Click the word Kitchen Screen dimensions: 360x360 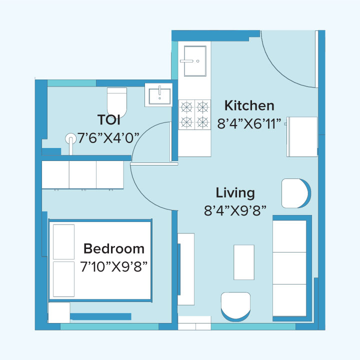(x=249, y=105)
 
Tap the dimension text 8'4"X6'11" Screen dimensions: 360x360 (x=249, y=123)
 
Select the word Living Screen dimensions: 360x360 (x=235, y=192)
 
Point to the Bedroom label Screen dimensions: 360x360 (x=113, y=248)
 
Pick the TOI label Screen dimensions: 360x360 (x=108, y=120)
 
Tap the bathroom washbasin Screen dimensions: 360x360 (x=159, y=94)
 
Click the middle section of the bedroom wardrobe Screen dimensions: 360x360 (x=82, y=174)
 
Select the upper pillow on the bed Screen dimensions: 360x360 (x=63, y=241)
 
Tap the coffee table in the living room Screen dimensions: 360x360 (x=245, y=262)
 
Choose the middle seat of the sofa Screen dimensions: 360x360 (x=289, y=268)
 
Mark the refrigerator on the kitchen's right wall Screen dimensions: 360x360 (x=301, y=136)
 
